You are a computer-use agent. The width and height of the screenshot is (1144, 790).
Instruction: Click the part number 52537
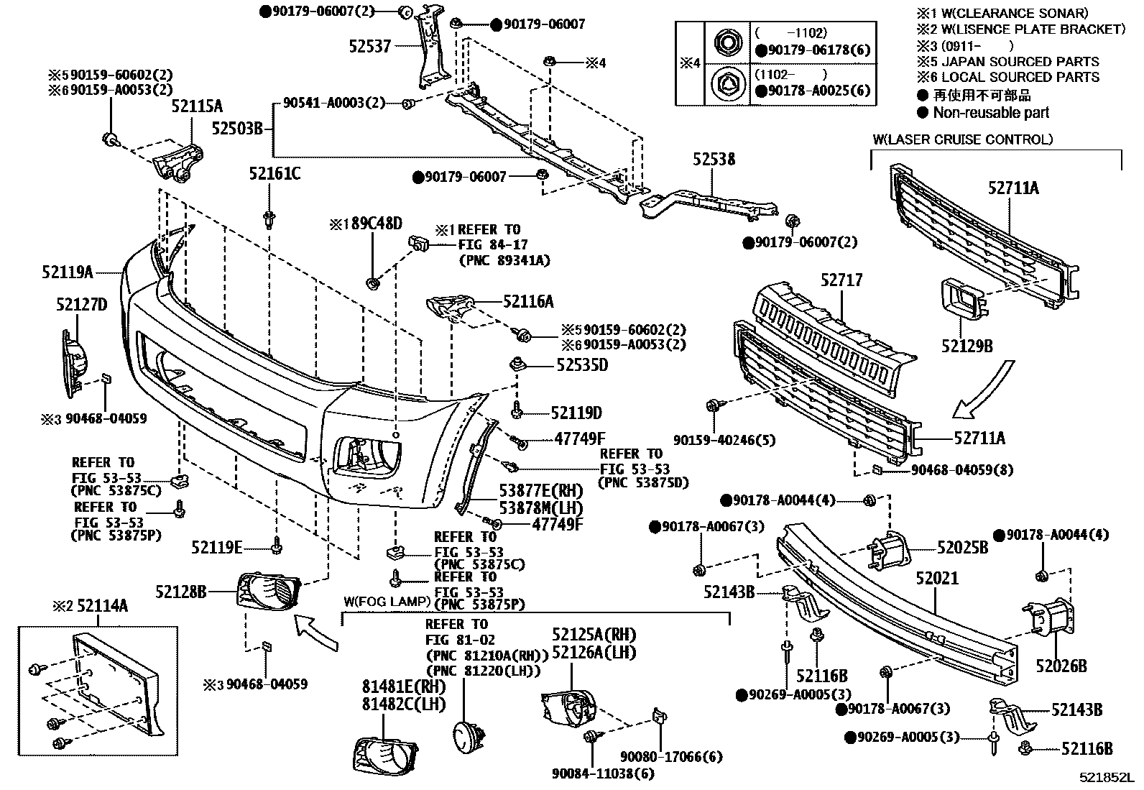(370, 46)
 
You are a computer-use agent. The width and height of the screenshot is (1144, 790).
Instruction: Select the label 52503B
(238, 129)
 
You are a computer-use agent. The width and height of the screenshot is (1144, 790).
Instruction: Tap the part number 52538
(714, 159)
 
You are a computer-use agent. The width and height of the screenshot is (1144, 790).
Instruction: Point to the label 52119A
(68, 272)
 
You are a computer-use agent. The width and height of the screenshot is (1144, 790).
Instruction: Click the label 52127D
(81, 305)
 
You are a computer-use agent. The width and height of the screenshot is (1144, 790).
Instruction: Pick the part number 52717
(841, 280)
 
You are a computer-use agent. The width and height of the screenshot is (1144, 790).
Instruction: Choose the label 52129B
(967, 346)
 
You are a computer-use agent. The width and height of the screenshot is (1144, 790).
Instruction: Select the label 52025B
(962, 548)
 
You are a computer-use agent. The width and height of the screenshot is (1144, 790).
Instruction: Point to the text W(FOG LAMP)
(387, 601)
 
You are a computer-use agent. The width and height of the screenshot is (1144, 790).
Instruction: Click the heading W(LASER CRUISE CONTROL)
(963, 139)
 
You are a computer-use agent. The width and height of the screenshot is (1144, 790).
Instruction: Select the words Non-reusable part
(991, 113)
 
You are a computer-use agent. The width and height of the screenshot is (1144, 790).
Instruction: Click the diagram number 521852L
(1105, 778)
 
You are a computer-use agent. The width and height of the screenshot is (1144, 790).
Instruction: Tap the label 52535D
(582, 365)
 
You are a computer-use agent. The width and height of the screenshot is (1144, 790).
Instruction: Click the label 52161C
(275, 173)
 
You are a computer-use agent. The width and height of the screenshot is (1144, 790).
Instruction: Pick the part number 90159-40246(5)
(724, 439)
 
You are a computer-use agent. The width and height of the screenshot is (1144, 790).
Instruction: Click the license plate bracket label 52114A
(102, 606)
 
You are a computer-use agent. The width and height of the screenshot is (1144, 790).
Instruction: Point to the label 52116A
(528, 302)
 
